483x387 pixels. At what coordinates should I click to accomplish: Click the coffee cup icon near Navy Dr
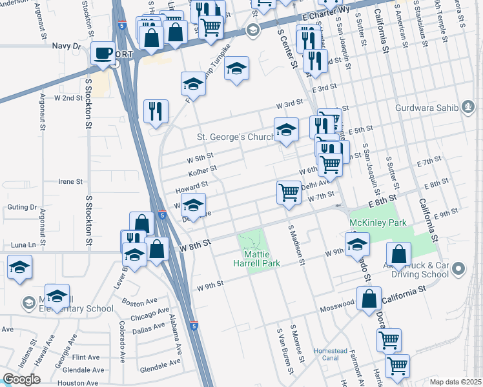[x=103, y=53]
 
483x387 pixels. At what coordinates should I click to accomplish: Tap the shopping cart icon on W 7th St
[x=289, y=192]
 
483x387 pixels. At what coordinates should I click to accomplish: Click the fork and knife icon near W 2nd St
[x=156, y=111]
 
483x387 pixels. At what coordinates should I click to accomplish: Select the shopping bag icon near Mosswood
[x=369, y=299]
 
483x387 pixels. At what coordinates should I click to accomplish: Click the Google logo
[x=21, y=379]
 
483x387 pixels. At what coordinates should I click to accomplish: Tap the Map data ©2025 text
[x=455, y=382]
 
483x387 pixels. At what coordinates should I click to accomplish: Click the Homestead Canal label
[x=331, y=354]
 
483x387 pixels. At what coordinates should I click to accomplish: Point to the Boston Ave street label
[x=139, y=301]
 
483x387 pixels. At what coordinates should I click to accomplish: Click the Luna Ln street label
[x=23, y=245]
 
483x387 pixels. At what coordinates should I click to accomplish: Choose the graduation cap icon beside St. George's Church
[x=286, y=130]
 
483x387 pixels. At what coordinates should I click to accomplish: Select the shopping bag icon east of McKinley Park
[x=399, y=255]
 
